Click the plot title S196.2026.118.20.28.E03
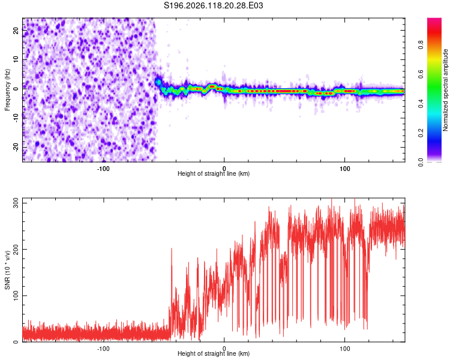tap(213, 5)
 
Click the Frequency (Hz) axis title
tap(7, 90)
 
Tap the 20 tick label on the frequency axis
tap(16, 31)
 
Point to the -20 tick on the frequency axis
tap(16, 148)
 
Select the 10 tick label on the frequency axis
tap(16, 59)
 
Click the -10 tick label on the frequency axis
tap(16, 118)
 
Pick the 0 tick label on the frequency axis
tap(16, 89)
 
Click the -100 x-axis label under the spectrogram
tap(103, 169)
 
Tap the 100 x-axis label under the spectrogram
tap(344, 169)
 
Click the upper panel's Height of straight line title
tap(214, 173)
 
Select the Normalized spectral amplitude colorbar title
tap(445, 89)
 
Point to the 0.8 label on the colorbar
tap(421, 45)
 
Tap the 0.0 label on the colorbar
tap(421, 162)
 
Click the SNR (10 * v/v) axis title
tap(7, 270)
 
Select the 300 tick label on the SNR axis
tap(16, 203)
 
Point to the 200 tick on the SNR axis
tap(16, 249)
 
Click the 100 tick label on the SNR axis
tap(16, 296)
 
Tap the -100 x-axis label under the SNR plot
tap(103, 349)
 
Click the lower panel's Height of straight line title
tap(214, 353)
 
